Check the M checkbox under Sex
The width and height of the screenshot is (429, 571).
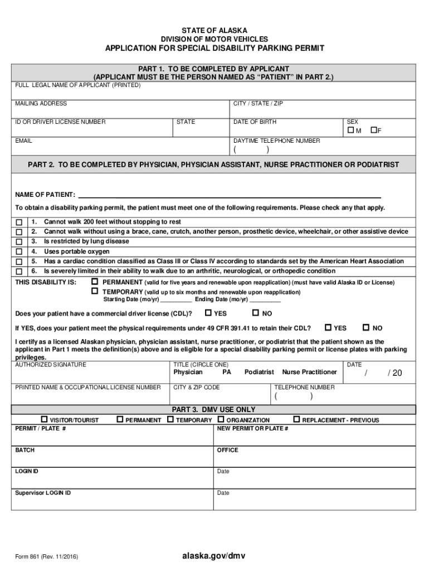(350, 130)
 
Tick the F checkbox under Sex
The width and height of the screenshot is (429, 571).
(374, 130)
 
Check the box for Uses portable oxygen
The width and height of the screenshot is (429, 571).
(19, 252)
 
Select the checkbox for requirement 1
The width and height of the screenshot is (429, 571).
(19, 222)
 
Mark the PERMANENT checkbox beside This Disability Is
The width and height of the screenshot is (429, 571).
(95, 282)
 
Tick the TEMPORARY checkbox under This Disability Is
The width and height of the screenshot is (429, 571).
(95, 291)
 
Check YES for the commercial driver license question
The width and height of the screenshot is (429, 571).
(208, 313)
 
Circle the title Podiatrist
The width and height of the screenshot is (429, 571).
(259, 372)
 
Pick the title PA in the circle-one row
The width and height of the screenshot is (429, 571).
(227, 372)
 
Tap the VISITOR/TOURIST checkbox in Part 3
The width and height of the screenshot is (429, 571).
(45, 419)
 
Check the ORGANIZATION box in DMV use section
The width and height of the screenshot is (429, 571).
(221, 419)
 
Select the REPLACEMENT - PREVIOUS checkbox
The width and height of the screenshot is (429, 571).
(296, 419)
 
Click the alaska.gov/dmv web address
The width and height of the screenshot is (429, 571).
(214, 556)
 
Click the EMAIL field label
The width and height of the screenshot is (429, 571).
(23, 141)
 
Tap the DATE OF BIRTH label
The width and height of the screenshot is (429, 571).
(255, 122)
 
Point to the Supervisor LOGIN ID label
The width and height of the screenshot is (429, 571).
(43, 493)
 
